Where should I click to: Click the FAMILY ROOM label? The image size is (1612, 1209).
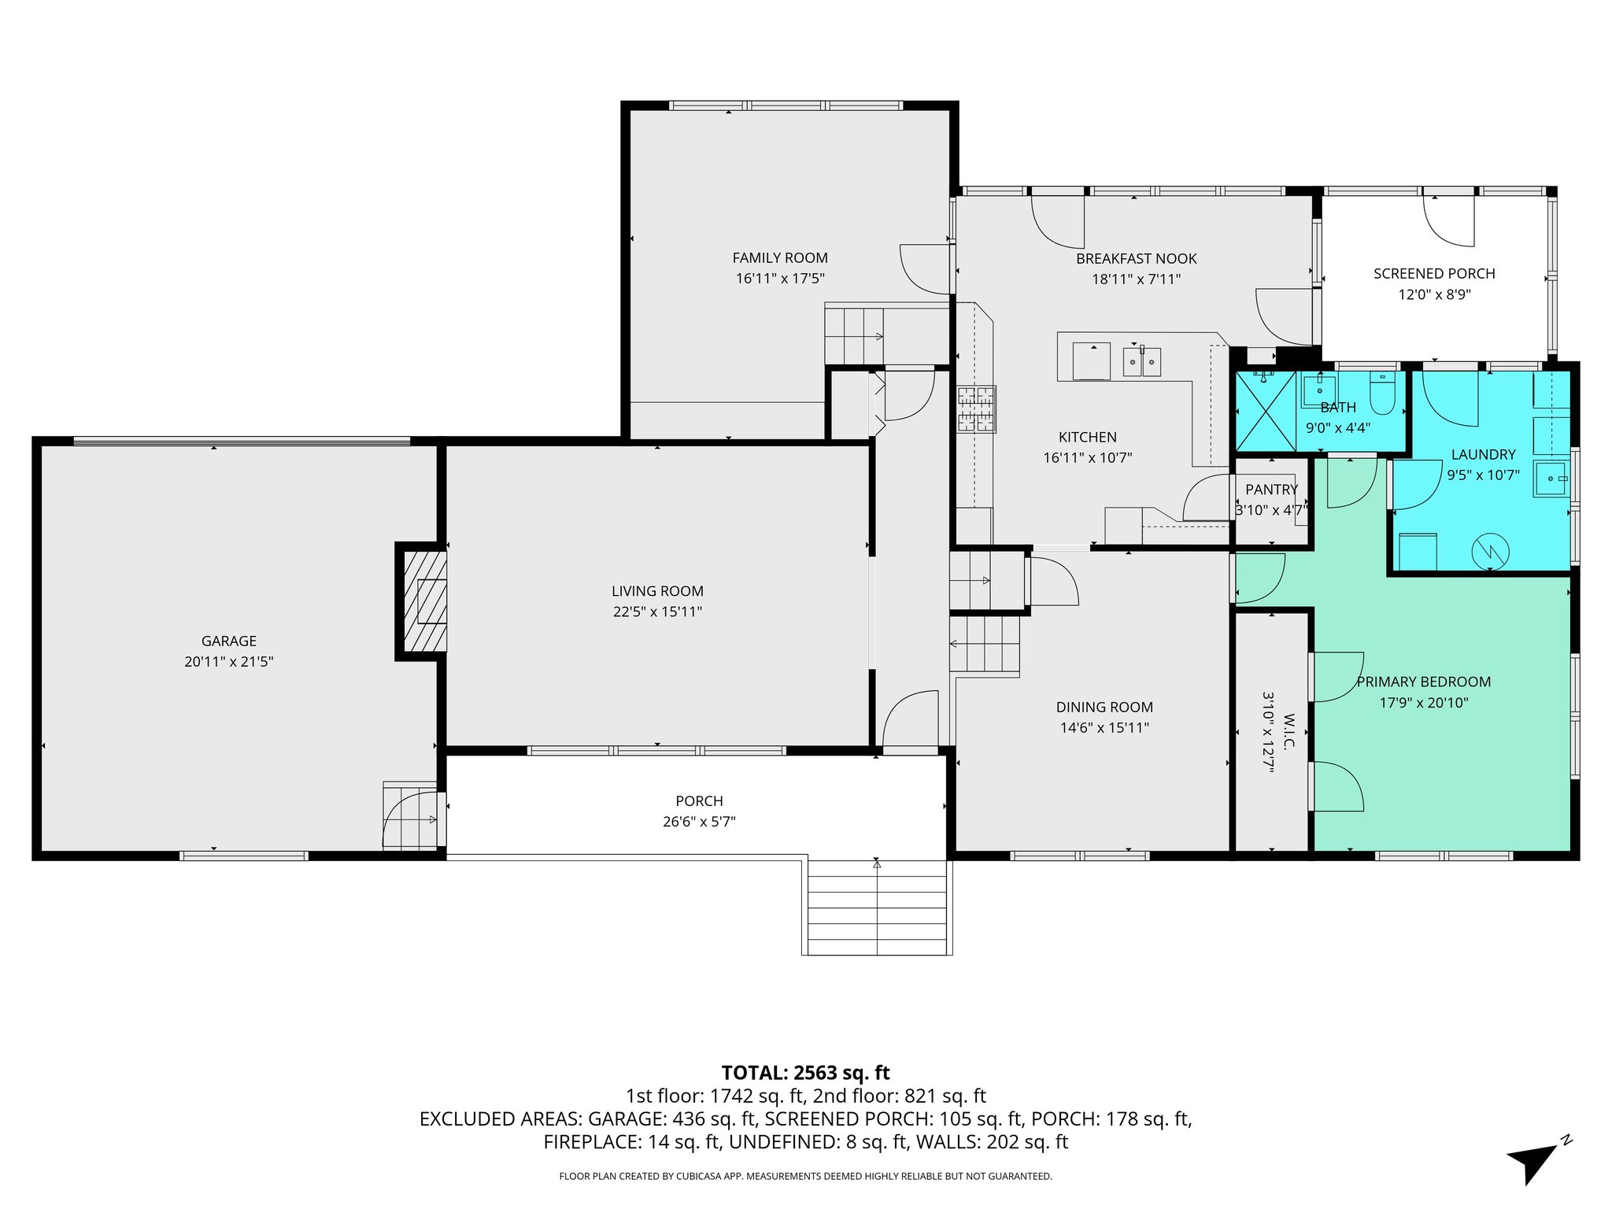(x=779, y=258)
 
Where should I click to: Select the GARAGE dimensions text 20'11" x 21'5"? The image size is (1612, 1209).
(x=228, y=662)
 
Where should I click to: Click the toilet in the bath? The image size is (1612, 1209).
(x=1382, y=394)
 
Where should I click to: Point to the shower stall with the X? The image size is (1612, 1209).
(x=1265, y=411)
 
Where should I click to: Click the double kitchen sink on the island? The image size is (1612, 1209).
(x=1141, y=363)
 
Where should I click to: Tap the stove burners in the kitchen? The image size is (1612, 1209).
(x=976, y=409)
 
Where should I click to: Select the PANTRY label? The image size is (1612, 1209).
(x=1271, y=490)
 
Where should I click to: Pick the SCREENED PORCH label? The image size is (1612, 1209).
(x=1433, y=274)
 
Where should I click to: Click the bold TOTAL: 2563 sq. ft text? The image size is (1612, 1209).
(x=805, y=1073)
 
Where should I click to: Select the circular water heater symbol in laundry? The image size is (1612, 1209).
(x=1490, y=551)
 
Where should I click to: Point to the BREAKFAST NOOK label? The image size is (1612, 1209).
(x=1136, y=259)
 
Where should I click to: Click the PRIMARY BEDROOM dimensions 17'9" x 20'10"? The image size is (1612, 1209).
(x=1423, y=703)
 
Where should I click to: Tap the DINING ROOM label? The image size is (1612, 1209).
(x=1104, y=708)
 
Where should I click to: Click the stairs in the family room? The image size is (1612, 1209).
(x=853, y=336)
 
